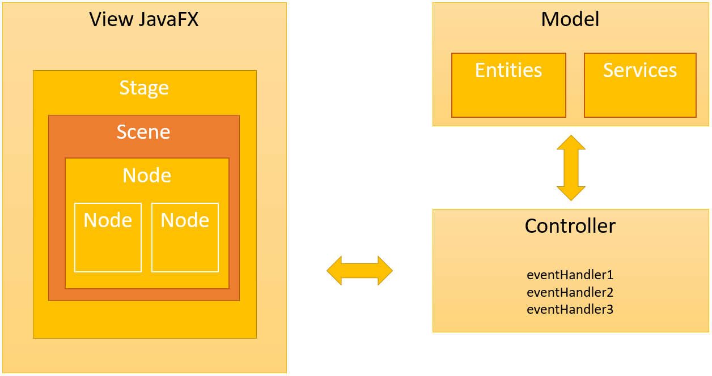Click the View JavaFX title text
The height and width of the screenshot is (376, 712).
coord(144,20)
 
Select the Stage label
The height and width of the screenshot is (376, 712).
coord(144,88)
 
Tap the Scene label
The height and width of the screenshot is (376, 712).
coord(143,131)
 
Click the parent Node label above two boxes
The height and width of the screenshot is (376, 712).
coord(147,176)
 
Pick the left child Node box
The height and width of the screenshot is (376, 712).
coord(108,237)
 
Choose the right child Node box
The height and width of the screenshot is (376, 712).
coord(185,237)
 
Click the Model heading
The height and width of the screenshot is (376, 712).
coord(570,20)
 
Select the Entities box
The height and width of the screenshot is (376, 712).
coord(508,85)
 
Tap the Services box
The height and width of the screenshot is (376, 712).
coord(640,85)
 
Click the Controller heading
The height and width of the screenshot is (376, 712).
coord(570,226)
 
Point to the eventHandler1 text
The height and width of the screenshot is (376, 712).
coord(570,275)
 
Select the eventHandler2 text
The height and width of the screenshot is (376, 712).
coord(570,293)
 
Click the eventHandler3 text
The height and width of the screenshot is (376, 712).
coord(570,310)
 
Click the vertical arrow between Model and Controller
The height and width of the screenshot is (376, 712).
coord(571,168)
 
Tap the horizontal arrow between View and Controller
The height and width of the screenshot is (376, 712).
coord(359,271)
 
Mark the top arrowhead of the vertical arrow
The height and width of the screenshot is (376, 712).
coord(571,143)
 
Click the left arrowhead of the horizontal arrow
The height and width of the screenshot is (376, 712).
coord(335,271)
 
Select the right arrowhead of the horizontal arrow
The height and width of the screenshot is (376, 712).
coord(384,271)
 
